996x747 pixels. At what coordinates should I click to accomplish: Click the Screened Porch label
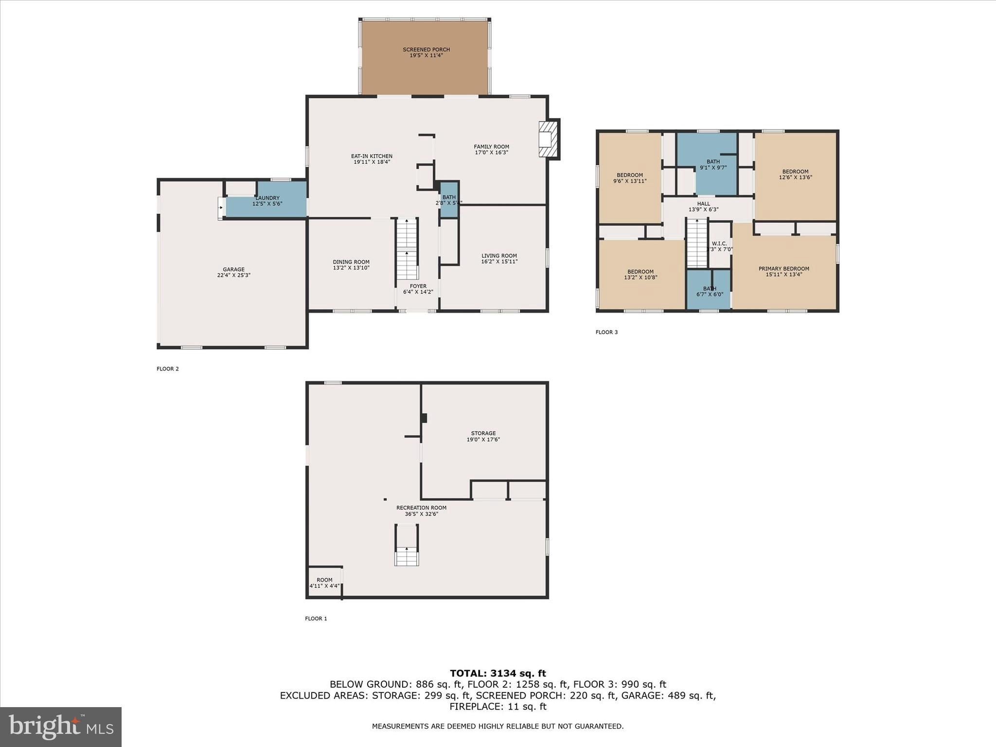tap(426, 50)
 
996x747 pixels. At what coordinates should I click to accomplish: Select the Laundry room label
tap(267, 198)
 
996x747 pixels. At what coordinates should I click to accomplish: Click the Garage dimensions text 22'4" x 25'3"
tap(233, 275)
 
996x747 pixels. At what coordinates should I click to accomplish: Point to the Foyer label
tap(418, 286)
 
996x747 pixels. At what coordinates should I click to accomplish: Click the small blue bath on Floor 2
tap(449, 199)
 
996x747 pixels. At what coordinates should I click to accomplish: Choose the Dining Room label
tap(351, 262)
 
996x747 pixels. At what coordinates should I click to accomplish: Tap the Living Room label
tap(499, 256)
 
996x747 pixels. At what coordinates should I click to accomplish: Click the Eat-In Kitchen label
tap(372, 156)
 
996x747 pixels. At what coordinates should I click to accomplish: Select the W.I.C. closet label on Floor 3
tap(719, 244)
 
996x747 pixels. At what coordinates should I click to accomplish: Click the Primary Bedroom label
tap(783, 268)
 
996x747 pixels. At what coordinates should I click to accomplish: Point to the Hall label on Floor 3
tap(703, 204)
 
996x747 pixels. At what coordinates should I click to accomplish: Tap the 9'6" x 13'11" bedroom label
tap(630, 178)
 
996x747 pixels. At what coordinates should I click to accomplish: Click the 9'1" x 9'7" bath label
tap(713, 164)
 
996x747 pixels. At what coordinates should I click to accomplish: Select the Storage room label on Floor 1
tap(483, 433)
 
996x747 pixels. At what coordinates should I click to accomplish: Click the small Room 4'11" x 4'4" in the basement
tap(324, 582)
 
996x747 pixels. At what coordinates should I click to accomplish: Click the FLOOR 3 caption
tap(606, 332)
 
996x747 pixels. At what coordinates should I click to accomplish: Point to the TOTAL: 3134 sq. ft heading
tap(498, 673)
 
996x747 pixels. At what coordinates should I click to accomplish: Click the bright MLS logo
tap(61, 727)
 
